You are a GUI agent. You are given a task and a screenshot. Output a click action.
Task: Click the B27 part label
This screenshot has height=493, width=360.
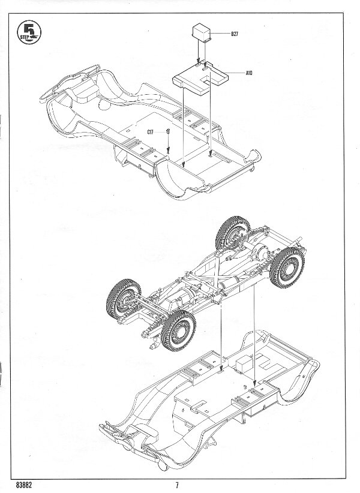click(235, 34)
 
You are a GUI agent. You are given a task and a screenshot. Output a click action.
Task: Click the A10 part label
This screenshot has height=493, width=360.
click(249, 73)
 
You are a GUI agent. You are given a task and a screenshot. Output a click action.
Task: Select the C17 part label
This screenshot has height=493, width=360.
click(150, 133)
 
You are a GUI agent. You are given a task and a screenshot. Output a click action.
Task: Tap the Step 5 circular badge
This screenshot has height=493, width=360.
click(29, 32)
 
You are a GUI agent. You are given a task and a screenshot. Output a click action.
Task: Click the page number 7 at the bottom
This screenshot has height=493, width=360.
click(177, 485)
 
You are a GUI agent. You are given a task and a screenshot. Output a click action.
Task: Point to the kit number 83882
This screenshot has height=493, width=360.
click(23, 485)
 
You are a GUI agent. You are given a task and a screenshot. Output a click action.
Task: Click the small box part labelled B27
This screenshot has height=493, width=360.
click(202, 32)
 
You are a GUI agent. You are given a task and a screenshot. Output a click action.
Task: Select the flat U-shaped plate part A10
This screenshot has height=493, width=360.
click(200, 79)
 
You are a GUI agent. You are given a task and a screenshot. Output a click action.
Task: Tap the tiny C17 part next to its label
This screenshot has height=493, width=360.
click(168, 132)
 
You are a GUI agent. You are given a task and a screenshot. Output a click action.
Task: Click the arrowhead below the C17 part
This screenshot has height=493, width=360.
click(168, 151)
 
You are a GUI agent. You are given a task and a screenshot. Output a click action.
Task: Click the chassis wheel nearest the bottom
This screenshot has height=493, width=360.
click(178, 330)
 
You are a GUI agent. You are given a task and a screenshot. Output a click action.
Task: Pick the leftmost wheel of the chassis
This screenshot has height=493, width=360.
click(123, 298)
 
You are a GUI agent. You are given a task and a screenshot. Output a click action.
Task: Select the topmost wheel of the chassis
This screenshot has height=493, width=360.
click(233, 233)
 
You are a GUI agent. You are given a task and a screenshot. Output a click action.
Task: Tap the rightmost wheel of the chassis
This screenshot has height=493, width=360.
click(287, 268)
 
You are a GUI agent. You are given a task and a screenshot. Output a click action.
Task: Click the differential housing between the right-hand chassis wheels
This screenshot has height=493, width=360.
click(262, 251)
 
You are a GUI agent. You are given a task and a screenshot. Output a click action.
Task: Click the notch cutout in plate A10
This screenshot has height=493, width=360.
click(208, 80)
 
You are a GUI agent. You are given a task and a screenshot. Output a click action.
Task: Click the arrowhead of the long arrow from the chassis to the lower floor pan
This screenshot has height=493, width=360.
click(254, 383)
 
